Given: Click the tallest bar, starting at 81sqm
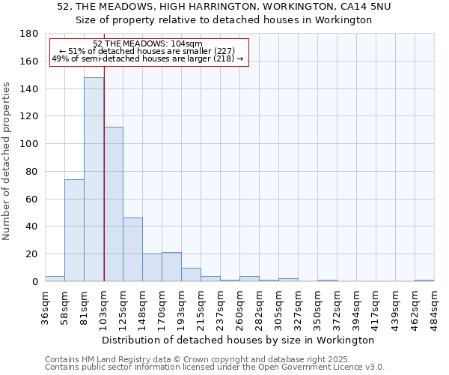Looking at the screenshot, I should (94, 180).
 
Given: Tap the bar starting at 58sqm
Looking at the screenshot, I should (74, 230).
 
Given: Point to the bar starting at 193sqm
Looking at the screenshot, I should (191, 274).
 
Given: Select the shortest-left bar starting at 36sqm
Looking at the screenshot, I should (55, 279).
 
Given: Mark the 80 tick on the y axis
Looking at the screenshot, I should (31, 172).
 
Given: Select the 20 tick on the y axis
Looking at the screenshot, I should (31, 254).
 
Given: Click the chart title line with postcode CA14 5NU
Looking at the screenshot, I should (224, 6).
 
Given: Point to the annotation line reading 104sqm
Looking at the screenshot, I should (147, 43).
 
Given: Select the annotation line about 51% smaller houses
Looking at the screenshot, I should (147, 51).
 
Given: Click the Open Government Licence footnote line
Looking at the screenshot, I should (215, 367).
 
